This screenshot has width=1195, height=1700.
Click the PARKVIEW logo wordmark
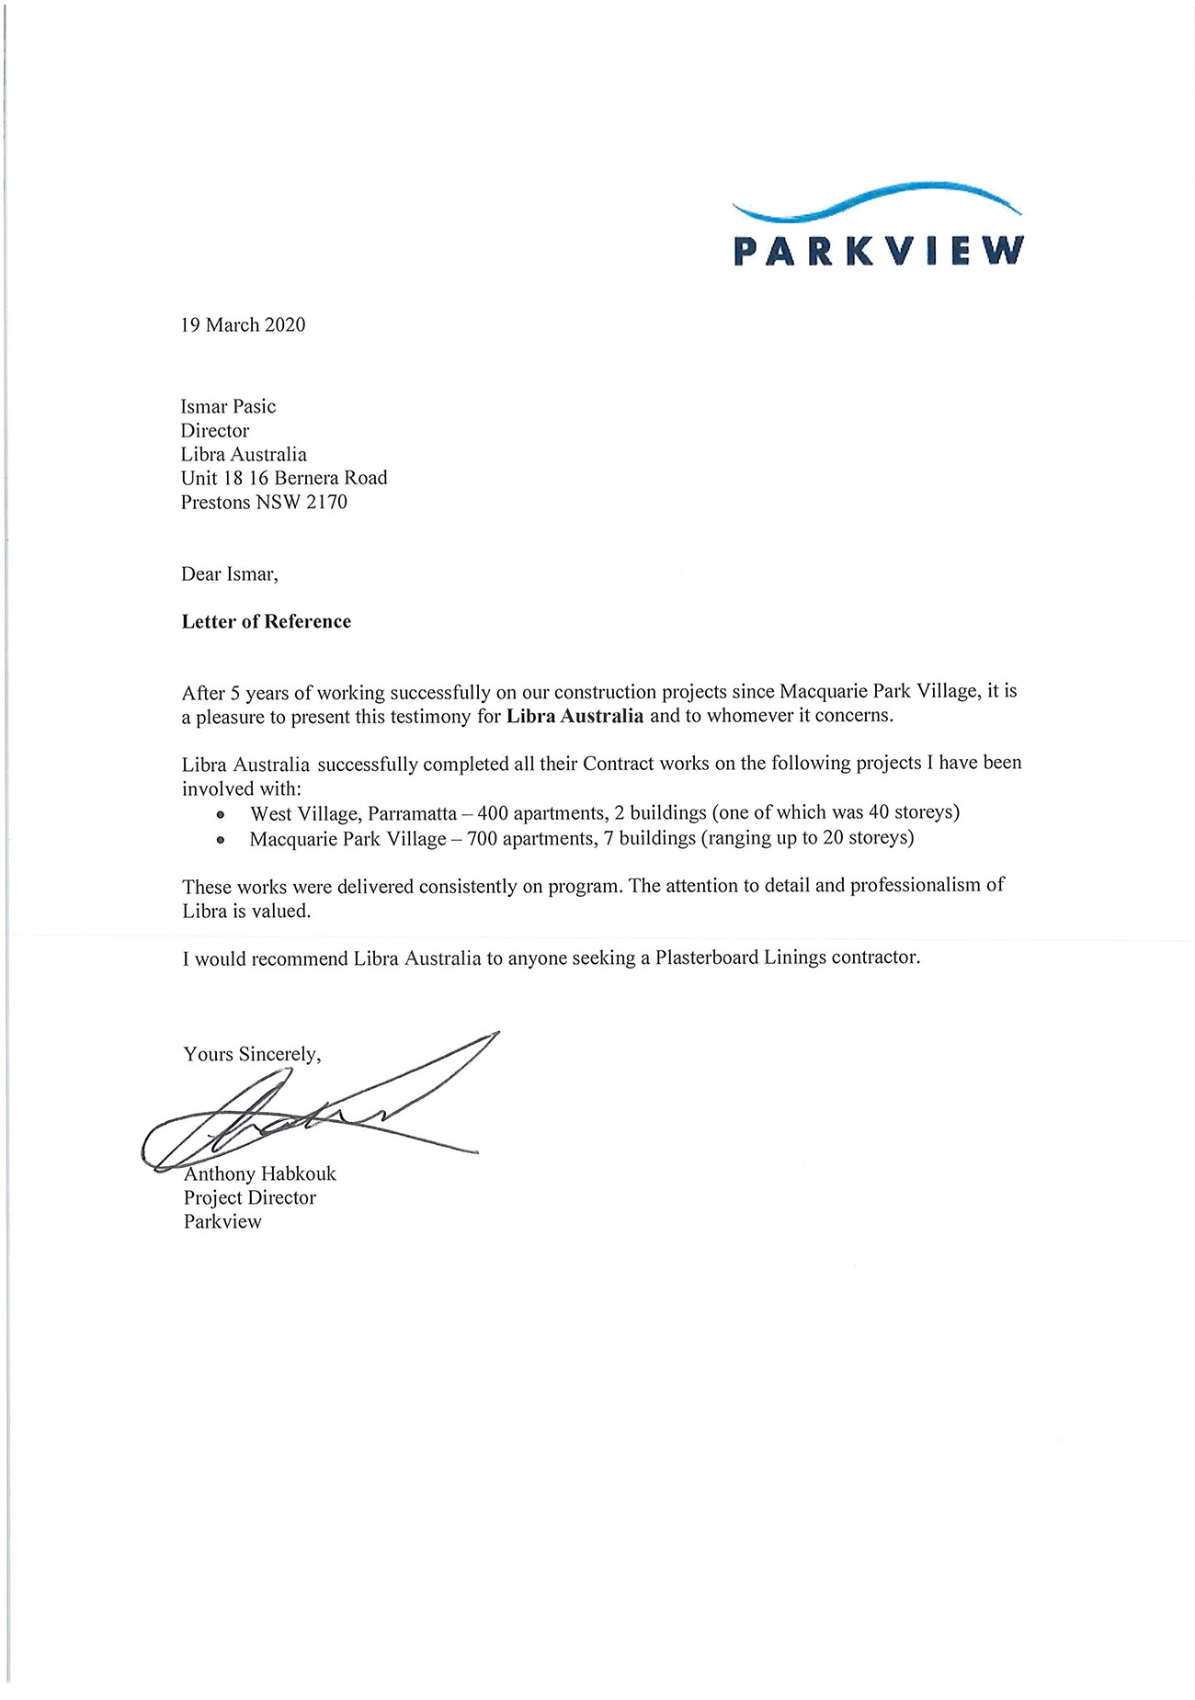(878, 251)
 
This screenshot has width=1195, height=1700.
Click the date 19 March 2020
(243, 324)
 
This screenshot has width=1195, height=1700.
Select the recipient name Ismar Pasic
(228, 406)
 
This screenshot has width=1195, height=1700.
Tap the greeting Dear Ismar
(229, 574)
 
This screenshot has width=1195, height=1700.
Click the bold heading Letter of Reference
(266, 621)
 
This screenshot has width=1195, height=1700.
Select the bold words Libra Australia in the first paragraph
(575, 716)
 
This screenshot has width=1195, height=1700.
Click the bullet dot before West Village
(220, 814)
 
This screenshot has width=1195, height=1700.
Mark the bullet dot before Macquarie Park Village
(220, 839)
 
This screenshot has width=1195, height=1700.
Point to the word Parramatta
(412, 813)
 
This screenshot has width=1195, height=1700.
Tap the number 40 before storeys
(881, 812)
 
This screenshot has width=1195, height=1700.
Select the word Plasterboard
(694, 958)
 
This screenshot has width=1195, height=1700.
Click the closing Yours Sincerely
(252, 1054)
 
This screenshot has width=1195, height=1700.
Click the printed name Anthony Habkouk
(260, 1173)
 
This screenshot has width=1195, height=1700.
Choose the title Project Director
(249, 1197)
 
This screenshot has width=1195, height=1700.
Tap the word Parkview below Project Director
(222, 1221)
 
